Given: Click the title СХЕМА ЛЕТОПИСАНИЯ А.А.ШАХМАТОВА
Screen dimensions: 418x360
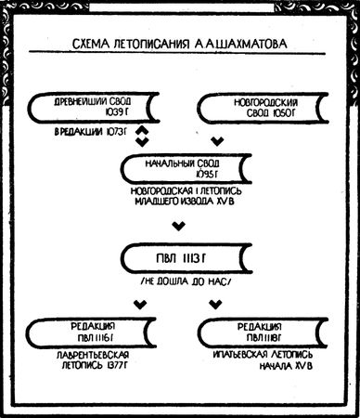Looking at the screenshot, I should (178, 43).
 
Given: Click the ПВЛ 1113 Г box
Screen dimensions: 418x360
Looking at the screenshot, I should (179, 255).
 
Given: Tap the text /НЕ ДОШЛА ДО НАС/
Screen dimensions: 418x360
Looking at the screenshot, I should (180, 280).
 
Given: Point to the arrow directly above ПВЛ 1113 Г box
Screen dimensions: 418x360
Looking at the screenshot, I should (179, 224).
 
